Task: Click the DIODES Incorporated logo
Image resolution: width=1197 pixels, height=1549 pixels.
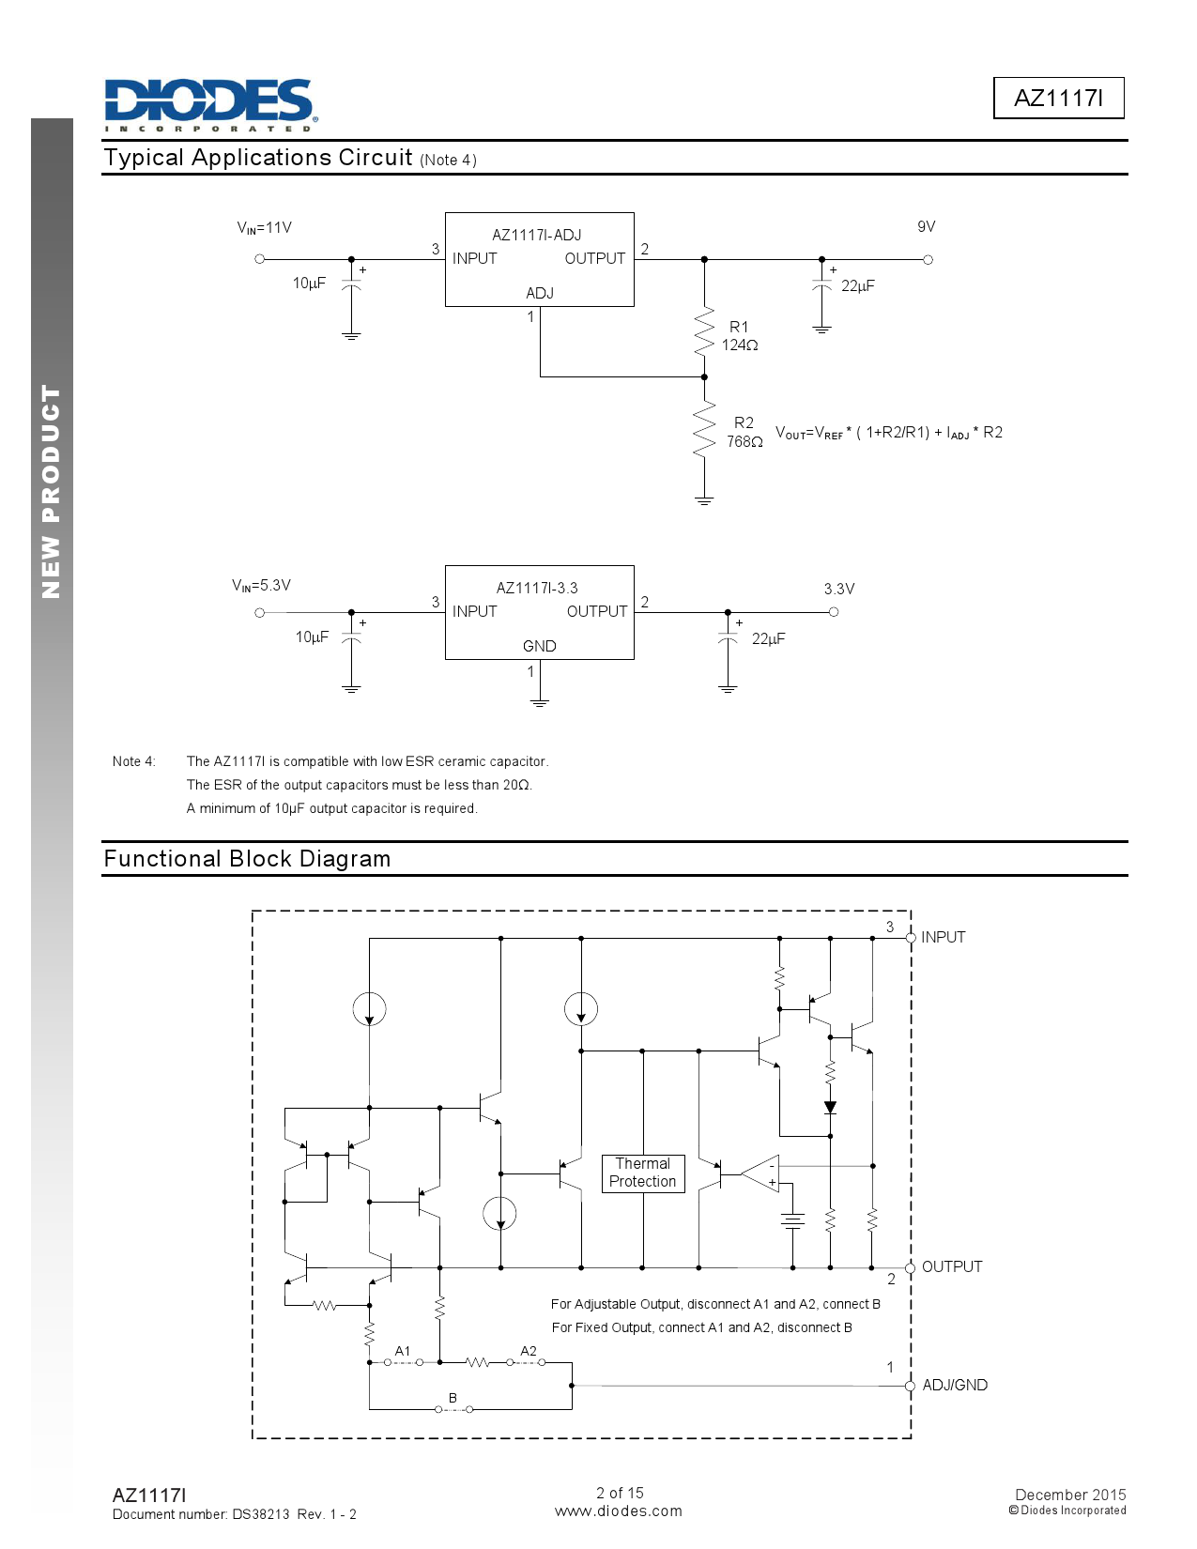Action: pos(211,105)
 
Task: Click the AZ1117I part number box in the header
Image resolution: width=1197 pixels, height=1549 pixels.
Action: pos(1058,98)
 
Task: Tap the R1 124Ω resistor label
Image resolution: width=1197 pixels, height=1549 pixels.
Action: pos(739,336)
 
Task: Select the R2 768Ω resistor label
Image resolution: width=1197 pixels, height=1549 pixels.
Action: pos(744,432)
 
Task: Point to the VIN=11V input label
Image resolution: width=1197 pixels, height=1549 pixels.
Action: pos(264,227)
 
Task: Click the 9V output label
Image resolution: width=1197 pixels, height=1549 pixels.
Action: pos(926,226)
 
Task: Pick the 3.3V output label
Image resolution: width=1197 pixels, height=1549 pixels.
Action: pos(839,589)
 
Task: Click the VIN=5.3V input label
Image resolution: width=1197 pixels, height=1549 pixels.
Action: pos(261,585)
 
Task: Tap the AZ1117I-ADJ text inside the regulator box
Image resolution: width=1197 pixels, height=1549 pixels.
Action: pos(536,235)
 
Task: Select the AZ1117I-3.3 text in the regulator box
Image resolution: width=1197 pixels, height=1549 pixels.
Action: pos(537,588)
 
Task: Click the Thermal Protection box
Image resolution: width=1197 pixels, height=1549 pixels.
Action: pos(642,1173)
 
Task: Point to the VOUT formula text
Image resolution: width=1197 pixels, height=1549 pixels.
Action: pos(888,433)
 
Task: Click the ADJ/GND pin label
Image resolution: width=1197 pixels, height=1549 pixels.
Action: pos(955,1385)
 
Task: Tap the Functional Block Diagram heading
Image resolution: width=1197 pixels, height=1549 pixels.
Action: pos(248,858)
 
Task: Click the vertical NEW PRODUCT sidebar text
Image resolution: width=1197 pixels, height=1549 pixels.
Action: pos(52,491)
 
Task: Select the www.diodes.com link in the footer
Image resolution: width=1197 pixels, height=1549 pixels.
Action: pos(618,1511)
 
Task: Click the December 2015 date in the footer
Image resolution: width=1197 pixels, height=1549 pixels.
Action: pos(1070,1495)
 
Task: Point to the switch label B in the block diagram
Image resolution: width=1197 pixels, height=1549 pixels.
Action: pos(452,1398)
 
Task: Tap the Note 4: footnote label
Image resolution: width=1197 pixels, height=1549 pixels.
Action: pos(133,761)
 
